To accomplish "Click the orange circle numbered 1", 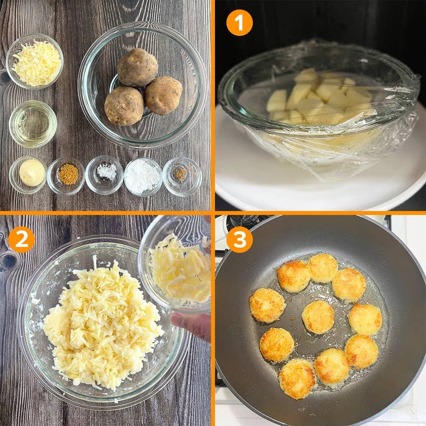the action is [239, 23].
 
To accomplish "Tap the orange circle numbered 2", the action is [21, 240].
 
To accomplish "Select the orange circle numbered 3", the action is [239, 240].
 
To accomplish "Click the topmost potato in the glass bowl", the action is [138, 68].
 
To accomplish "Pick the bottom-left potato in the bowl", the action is [124, 106].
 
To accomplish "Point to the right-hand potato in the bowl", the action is [163, 96].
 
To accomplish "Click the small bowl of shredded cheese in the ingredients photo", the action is [35, 61].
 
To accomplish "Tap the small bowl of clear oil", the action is [33, 124].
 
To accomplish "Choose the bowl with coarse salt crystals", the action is [104, 175].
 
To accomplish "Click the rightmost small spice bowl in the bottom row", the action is [183, 176].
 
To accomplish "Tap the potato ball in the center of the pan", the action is [318, 317].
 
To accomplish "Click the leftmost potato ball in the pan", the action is [268, 306].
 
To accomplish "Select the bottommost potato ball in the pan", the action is [298, 379].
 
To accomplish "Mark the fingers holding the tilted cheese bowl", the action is [192, 325].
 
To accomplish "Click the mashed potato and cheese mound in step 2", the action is [103, 323].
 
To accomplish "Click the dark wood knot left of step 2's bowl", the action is [9, 260].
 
